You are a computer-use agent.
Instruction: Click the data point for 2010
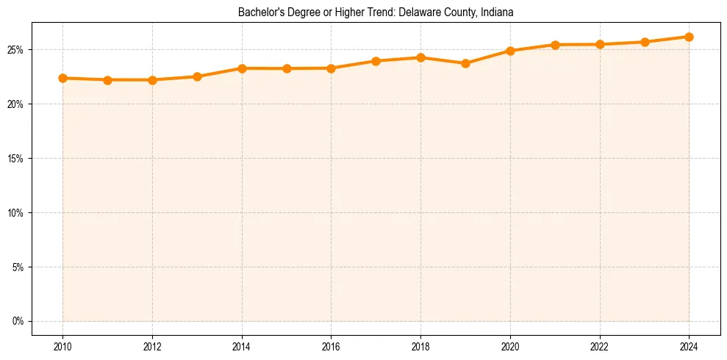pos(62,78)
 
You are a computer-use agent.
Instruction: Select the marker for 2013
pos(197,76)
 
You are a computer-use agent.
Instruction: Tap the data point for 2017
pos(376,61)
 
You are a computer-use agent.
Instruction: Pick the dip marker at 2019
pos(465,63)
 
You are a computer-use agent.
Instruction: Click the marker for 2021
pos(555,45)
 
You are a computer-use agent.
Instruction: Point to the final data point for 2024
pos(689,37)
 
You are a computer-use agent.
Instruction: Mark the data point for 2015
pos(287,68)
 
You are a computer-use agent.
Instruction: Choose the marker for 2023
pos(645,42)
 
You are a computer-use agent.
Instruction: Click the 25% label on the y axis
pos(17,50)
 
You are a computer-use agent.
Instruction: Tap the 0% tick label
pos(19,321)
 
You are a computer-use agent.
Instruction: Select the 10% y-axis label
pos(17,213)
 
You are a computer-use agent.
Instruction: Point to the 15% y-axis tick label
pos(17,159)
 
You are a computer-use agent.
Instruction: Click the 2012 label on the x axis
pos(152,347)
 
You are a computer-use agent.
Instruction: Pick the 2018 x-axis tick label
pos(420,347)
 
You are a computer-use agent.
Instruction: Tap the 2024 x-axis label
pos(689,347)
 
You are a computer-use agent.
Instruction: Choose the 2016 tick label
pos(331,347)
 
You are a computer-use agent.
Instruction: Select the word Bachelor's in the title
pos(259,12)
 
